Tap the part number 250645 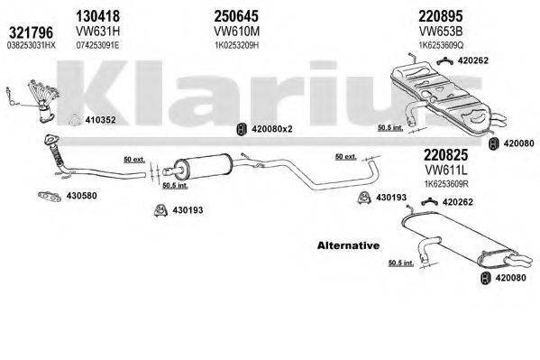[238, 14]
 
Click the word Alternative [348, 245]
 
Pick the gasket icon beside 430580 [50, 194]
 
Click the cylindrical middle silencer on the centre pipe [204, 169]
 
